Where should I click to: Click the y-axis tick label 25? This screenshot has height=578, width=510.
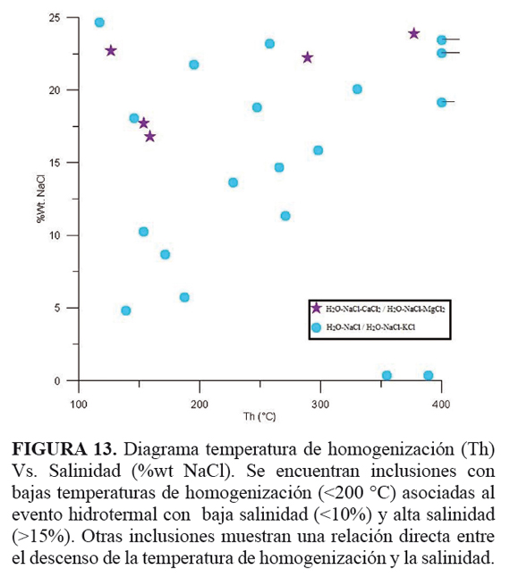click(x=55, y=18)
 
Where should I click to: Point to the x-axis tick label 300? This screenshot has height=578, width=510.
click(x=320, y=404)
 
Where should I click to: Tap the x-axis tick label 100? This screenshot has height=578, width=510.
click(x=79, y=404)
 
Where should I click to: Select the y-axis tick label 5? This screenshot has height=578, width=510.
click(x=57, y=308)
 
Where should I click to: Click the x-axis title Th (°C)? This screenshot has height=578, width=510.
click(x=259, y=417)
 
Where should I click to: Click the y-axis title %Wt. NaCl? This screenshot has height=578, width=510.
click(x=40, y=199)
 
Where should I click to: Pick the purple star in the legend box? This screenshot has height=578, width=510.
click(x=316, y=308)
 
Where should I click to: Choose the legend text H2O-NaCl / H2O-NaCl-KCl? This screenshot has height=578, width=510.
click(x=370, y=327)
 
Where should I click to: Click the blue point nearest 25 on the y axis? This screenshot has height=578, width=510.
click(x=99, y=22)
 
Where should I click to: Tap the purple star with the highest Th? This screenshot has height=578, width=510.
click(x=414, y=33)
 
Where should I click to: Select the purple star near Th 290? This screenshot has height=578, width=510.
click(x=307, y=57)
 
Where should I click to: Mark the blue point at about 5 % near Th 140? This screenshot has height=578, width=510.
click(x=126, y=310)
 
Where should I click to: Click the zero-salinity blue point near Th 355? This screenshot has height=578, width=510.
click(x=387, y=376)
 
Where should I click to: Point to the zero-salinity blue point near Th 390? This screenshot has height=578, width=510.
click(x=429, y=376)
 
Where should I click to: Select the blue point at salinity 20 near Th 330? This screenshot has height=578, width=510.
click(x=357, y=89)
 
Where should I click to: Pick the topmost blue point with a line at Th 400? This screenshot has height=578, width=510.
click(x=441, y=39)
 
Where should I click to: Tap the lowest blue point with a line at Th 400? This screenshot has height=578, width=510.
click(x=441, y=103)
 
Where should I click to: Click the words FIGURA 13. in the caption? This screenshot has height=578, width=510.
click(x=64, y=449)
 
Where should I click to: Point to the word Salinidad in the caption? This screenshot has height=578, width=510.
click(x=85, y=472)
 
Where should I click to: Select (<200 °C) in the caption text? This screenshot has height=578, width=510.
click(x=357, y=493)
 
